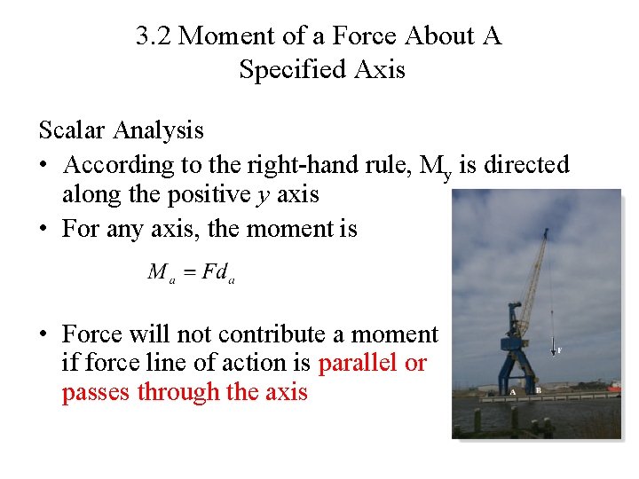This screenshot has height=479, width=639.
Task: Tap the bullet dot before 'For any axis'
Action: coord(43,229)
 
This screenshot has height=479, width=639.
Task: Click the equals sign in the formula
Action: coord(187,272)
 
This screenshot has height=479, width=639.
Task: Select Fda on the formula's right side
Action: coord(218,273)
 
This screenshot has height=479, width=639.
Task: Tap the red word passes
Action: coord(96,392)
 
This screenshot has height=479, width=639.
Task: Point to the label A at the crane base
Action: coord(513,390)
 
